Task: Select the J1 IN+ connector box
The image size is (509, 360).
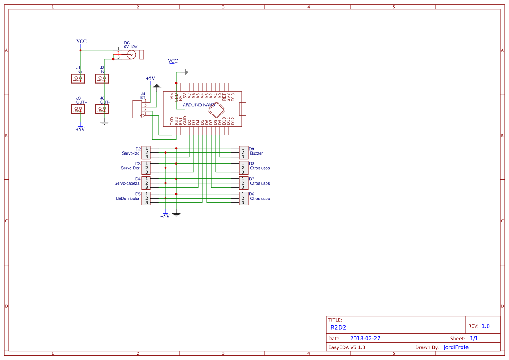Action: point(78,78)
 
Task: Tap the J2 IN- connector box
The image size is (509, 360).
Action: point(102,78)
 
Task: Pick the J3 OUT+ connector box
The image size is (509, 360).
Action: point(78,109)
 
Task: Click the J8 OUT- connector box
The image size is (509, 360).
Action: point(102,109)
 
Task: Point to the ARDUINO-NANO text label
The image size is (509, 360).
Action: point(199,105)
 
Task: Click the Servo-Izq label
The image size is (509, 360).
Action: point(131,153)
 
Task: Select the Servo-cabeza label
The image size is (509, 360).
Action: point(127,183)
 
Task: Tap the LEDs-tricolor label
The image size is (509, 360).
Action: point(128,199)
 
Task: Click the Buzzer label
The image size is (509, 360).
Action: point(256,153)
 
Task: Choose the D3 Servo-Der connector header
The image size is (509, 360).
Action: point(146,168)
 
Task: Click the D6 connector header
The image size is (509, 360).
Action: point(244,198)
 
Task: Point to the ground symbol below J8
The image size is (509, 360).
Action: point(104,123)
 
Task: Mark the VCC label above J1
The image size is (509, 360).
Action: point(81,41)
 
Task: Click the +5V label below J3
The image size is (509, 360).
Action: point(80,129)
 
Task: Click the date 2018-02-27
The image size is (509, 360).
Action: point(365,338)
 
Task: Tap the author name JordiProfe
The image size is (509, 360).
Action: point(456,347)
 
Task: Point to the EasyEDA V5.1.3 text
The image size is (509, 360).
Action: point(347,347)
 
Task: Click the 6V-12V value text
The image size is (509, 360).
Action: point(130,47)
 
